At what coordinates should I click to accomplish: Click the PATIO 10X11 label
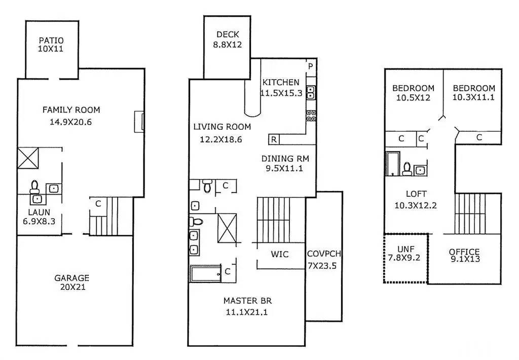tap(51, 45)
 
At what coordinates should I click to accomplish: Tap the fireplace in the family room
tap(139, 122)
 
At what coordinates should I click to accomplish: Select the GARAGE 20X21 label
tap(72, 282)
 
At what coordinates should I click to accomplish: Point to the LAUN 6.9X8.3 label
tap(39, 217)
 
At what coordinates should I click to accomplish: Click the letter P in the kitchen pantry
tap(311, 66)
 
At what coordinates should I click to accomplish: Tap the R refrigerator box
tap(274, 140)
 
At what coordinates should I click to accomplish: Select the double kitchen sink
tap(311, 93)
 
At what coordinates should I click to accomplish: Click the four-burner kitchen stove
tap(311, 116)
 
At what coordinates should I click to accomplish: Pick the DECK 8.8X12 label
tap(228, 40)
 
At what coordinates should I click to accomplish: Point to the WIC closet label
tap(280, 255)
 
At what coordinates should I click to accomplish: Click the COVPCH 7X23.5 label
tap(323, 260)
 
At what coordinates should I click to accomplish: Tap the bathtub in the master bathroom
tap(205, 274)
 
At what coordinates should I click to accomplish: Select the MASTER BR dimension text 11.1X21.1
tap(247, 312)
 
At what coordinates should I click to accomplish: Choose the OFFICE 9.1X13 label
tap(464, 256)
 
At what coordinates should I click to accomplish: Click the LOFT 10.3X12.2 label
tap(416, 199)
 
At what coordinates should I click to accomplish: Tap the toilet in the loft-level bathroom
tap(407, 168)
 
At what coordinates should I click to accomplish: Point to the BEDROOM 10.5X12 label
tap(414, 93)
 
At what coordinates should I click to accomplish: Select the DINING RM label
tap(285, 159)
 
